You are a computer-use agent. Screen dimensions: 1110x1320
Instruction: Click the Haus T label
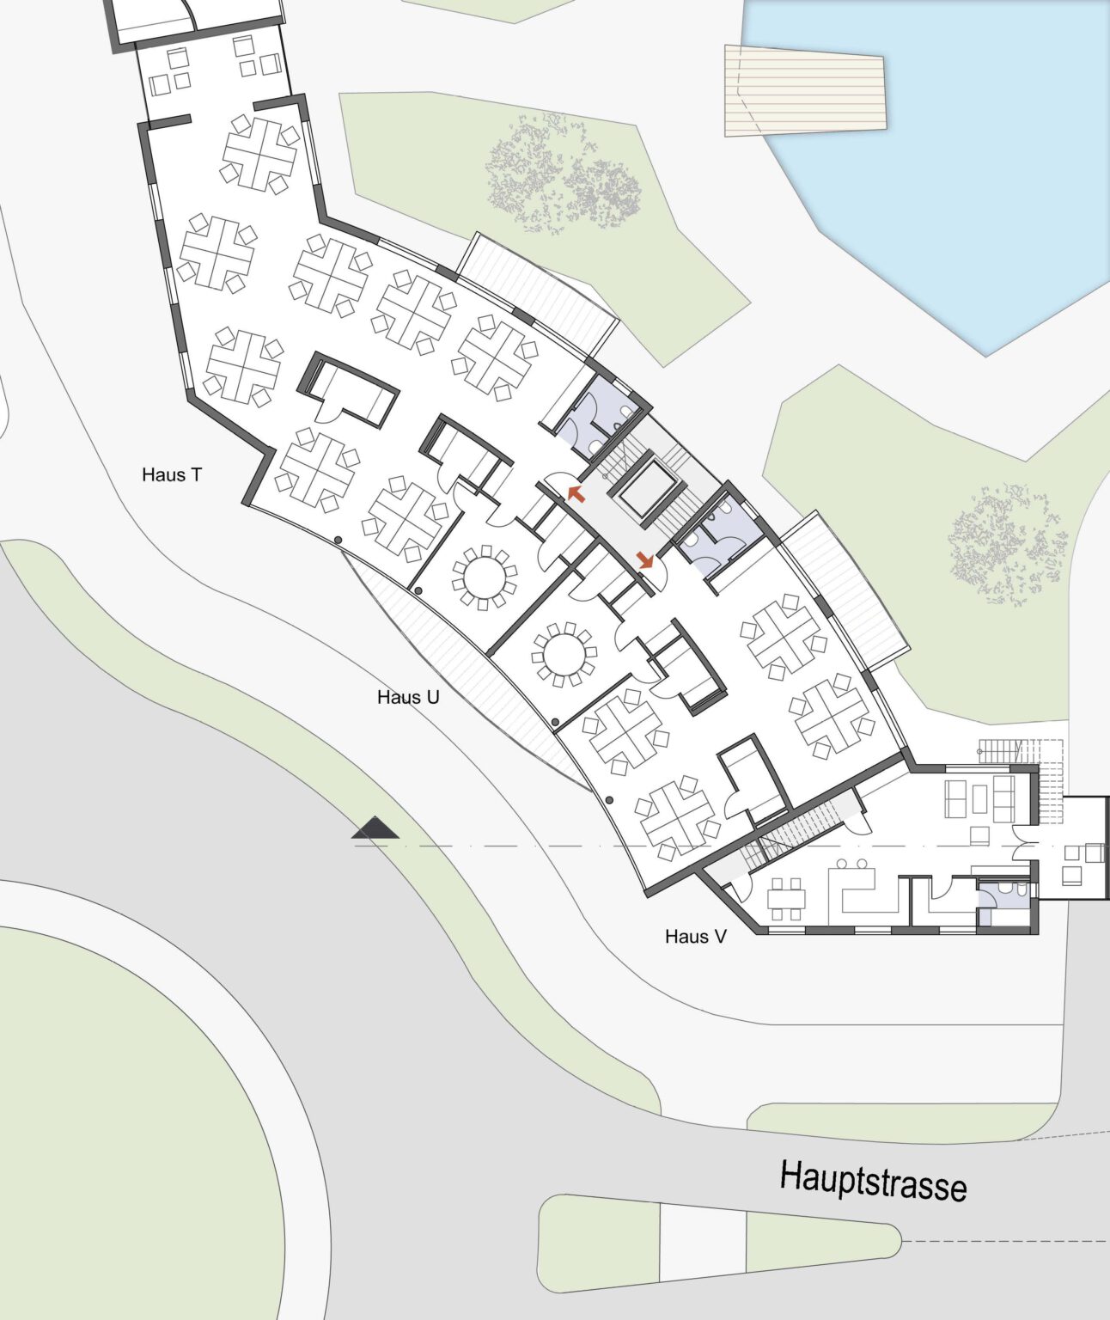pos(172,474)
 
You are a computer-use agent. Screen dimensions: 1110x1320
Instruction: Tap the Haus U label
pos(408,697)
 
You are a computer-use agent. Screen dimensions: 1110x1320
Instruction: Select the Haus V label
pos(696,936)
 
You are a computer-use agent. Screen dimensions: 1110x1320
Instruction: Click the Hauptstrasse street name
pos(874,1180)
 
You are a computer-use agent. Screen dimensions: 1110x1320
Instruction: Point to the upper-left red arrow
pos(576,494)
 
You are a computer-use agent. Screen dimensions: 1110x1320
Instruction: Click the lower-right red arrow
pos(644,559)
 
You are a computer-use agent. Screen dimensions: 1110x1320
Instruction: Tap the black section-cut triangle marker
pos(375,828)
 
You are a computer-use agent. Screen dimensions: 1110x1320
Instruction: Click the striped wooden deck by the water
pos(805,90)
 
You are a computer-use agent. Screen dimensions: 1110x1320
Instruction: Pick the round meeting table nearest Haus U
pos(564,654)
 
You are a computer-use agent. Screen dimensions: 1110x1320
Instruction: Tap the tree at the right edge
pos(1008,545)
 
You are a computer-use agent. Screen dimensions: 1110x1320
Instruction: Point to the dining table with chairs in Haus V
pos(786,898)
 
